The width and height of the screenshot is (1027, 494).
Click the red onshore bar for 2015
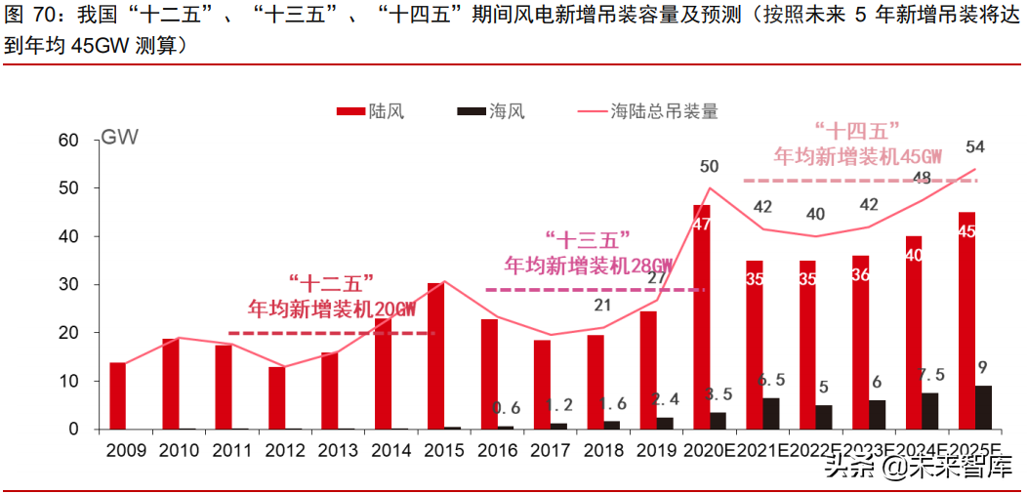point(435,356)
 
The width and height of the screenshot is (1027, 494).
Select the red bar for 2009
point(117,395)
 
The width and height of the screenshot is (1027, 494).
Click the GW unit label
point(119,137)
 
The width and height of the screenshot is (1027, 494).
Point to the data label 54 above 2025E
point(974,147)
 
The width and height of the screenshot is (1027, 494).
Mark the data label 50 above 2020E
point(710,167)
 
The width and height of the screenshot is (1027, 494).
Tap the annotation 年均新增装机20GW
point(332,309)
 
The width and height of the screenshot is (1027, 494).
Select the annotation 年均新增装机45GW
point(858,156)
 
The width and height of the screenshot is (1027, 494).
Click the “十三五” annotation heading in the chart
point(587,238)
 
